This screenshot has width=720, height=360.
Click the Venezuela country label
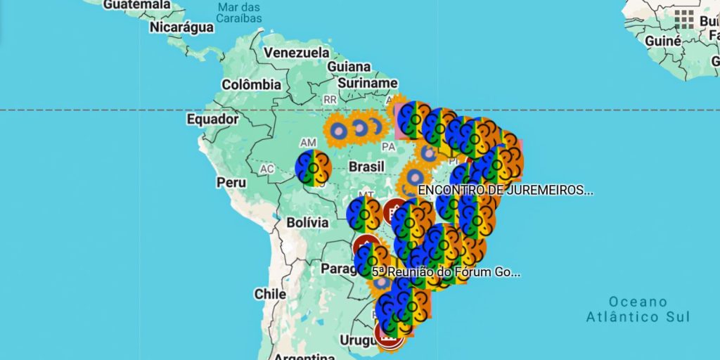(x=296, y=53)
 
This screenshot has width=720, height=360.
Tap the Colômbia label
(x=251, y=84)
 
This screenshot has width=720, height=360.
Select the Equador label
(x=212, y=120)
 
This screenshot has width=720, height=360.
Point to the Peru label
(x=231, y=182)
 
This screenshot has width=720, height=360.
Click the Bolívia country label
(x=307, y=223)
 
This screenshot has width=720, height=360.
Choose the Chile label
(x=270, y=294)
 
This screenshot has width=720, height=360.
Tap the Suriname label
(x=368, y=83)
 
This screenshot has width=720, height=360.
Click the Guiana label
(x=349, y=67)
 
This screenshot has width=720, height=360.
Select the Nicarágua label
(x=181, y=27)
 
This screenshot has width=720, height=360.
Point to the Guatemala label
(x=137, y=5)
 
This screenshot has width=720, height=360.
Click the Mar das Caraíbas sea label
(x=240, y=12)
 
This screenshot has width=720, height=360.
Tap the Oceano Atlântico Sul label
(x=638, y=309)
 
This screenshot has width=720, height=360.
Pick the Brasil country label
(x=366, y=167)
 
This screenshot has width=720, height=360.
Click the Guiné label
(x=662, y=41)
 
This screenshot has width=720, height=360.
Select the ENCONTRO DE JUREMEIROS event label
(x=505, y=190)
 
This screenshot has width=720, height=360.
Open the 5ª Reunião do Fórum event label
(x=446, y=271)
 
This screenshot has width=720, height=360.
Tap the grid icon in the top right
(x=684, y=19)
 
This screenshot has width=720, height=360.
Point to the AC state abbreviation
(x=266, y=169)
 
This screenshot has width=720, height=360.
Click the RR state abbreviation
(x=330, y=100)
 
